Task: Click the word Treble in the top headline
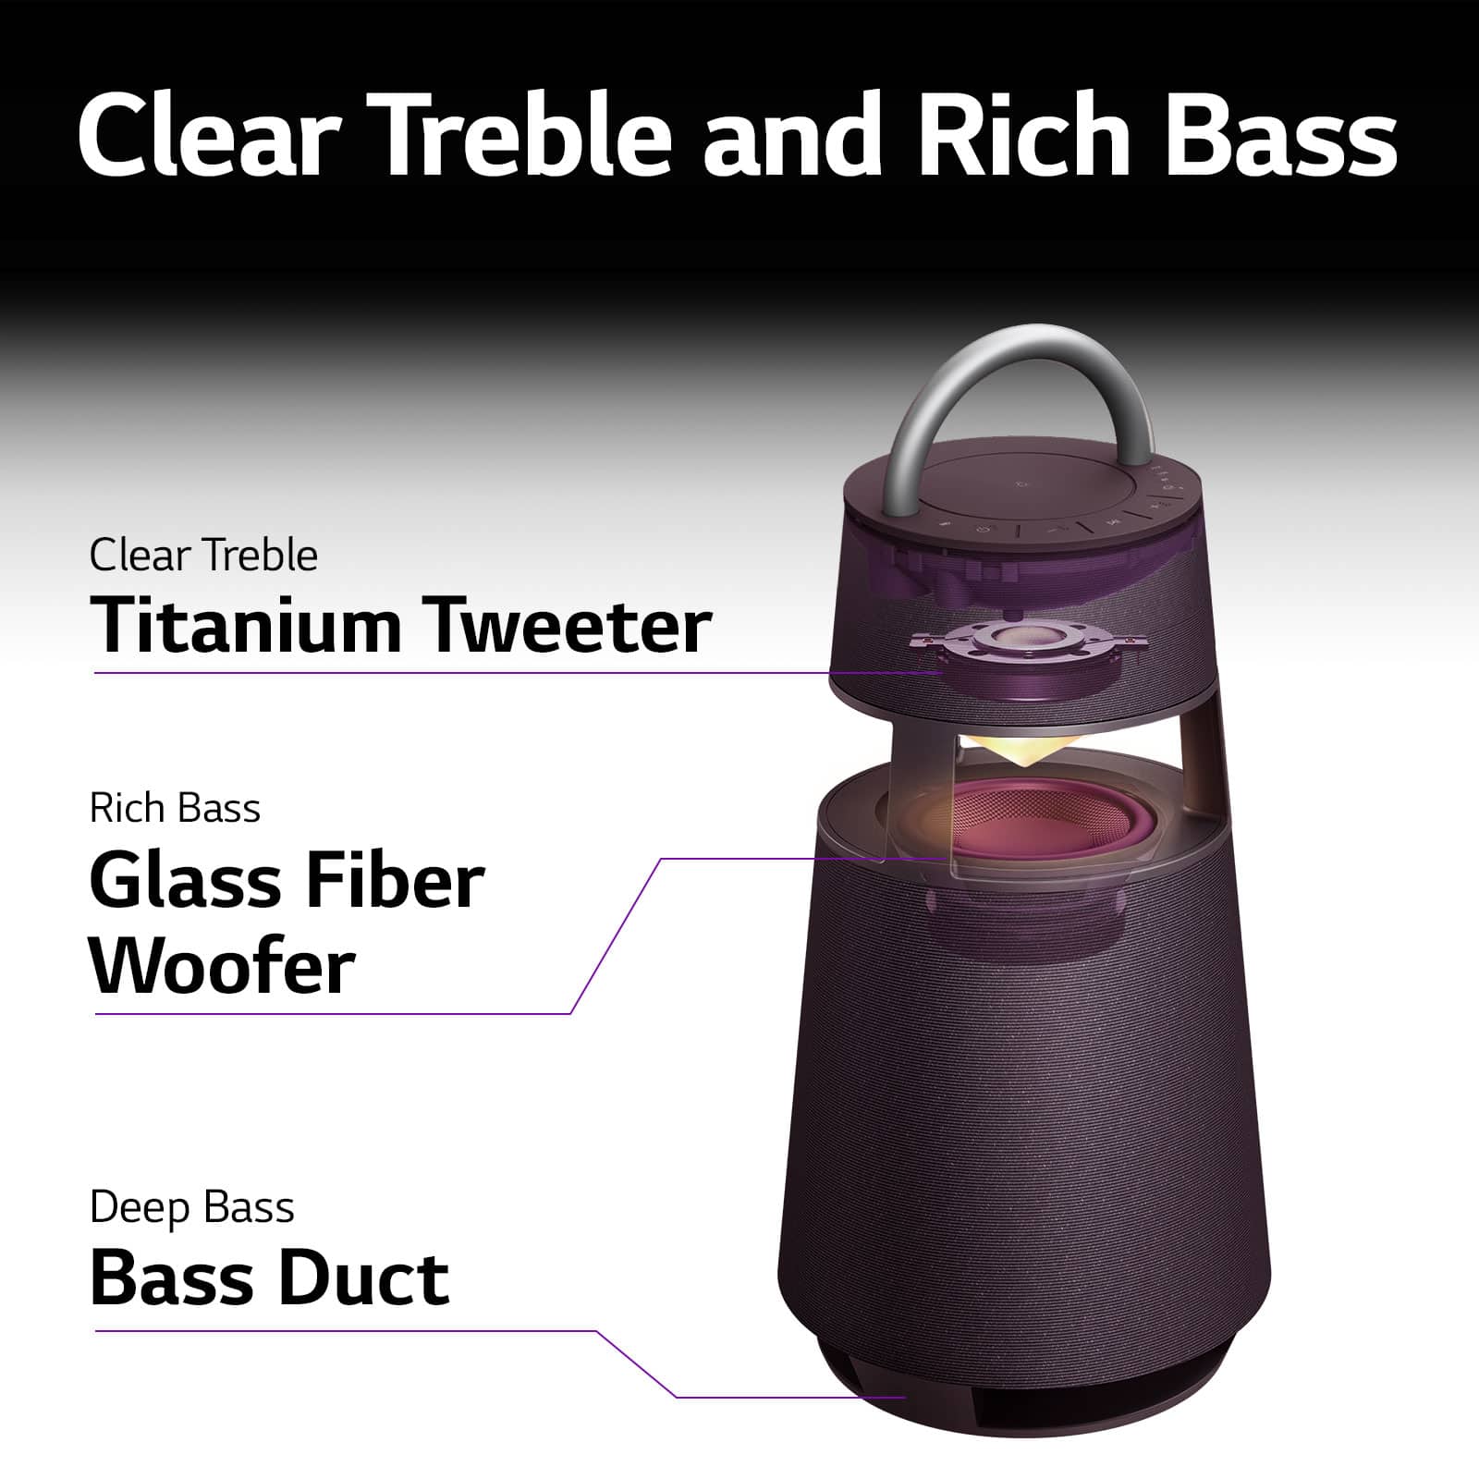coord(524,134)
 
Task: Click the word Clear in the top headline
coord(212,134)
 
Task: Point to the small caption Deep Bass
coord(192,1208)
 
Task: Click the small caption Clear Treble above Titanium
coord(203,556)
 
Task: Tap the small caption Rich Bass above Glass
coord(175,809)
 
